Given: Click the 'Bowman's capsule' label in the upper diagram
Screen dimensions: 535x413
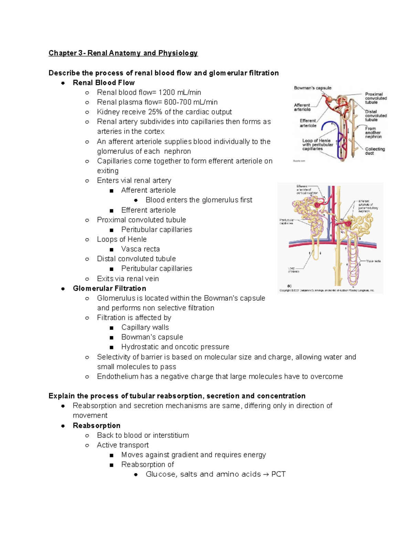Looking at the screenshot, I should pos(313,88).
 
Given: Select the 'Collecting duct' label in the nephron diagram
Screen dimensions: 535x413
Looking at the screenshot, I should pos(375,151).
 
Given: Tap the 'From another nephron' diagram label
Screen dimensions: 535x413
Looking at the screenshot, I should pos(373,133).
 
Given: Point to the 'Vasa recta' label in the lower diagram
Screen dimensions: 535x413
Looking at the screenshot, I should pos(373,261).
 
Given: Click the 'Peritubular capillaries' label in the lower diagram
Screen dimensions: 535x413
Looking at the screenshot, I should pos(286,222).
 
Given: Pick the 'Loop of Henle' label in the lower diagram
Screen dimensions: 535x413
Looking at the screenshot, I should pos(293,270).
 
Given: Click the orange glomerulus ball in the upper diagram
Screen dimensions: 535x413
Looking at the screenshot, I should pos(330,99).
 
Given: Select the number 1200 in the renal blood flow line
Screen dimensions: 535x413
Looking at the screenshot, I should pos(167,92).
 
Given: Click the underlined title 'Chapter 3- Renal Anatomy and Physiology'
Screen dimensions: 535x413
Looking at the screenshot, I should pos(123,53).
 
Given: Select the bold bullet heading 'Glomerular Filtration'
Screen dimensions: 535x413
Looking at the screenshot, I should pos(109,288).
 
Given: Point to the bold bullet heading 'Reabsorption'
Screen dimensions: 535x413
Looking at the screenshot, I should pos(96,425).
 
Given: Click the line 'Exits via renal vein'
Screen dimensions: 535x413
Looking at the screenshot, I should pos(128,279).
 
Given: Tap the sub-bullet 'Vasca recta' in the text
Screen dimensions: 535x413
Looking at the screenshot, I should pos(140,249).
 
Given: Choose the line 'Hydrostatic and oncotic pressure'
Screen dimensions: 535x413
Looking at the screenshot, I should pos(175,347).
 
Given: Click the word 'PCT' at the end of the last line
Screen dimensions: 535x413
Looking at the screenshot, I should pos(278,474).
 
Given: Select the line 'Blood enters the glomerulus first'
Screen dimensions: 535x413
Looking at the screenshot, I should pos(199,200).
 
